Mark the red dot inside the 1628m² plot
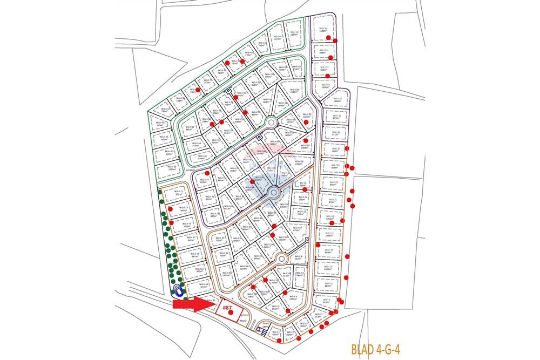335,40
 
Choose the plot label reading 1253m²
295,33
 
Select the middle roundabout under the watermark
274,192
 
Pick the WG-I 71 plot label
179,193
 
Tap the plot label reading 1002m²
172,168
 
